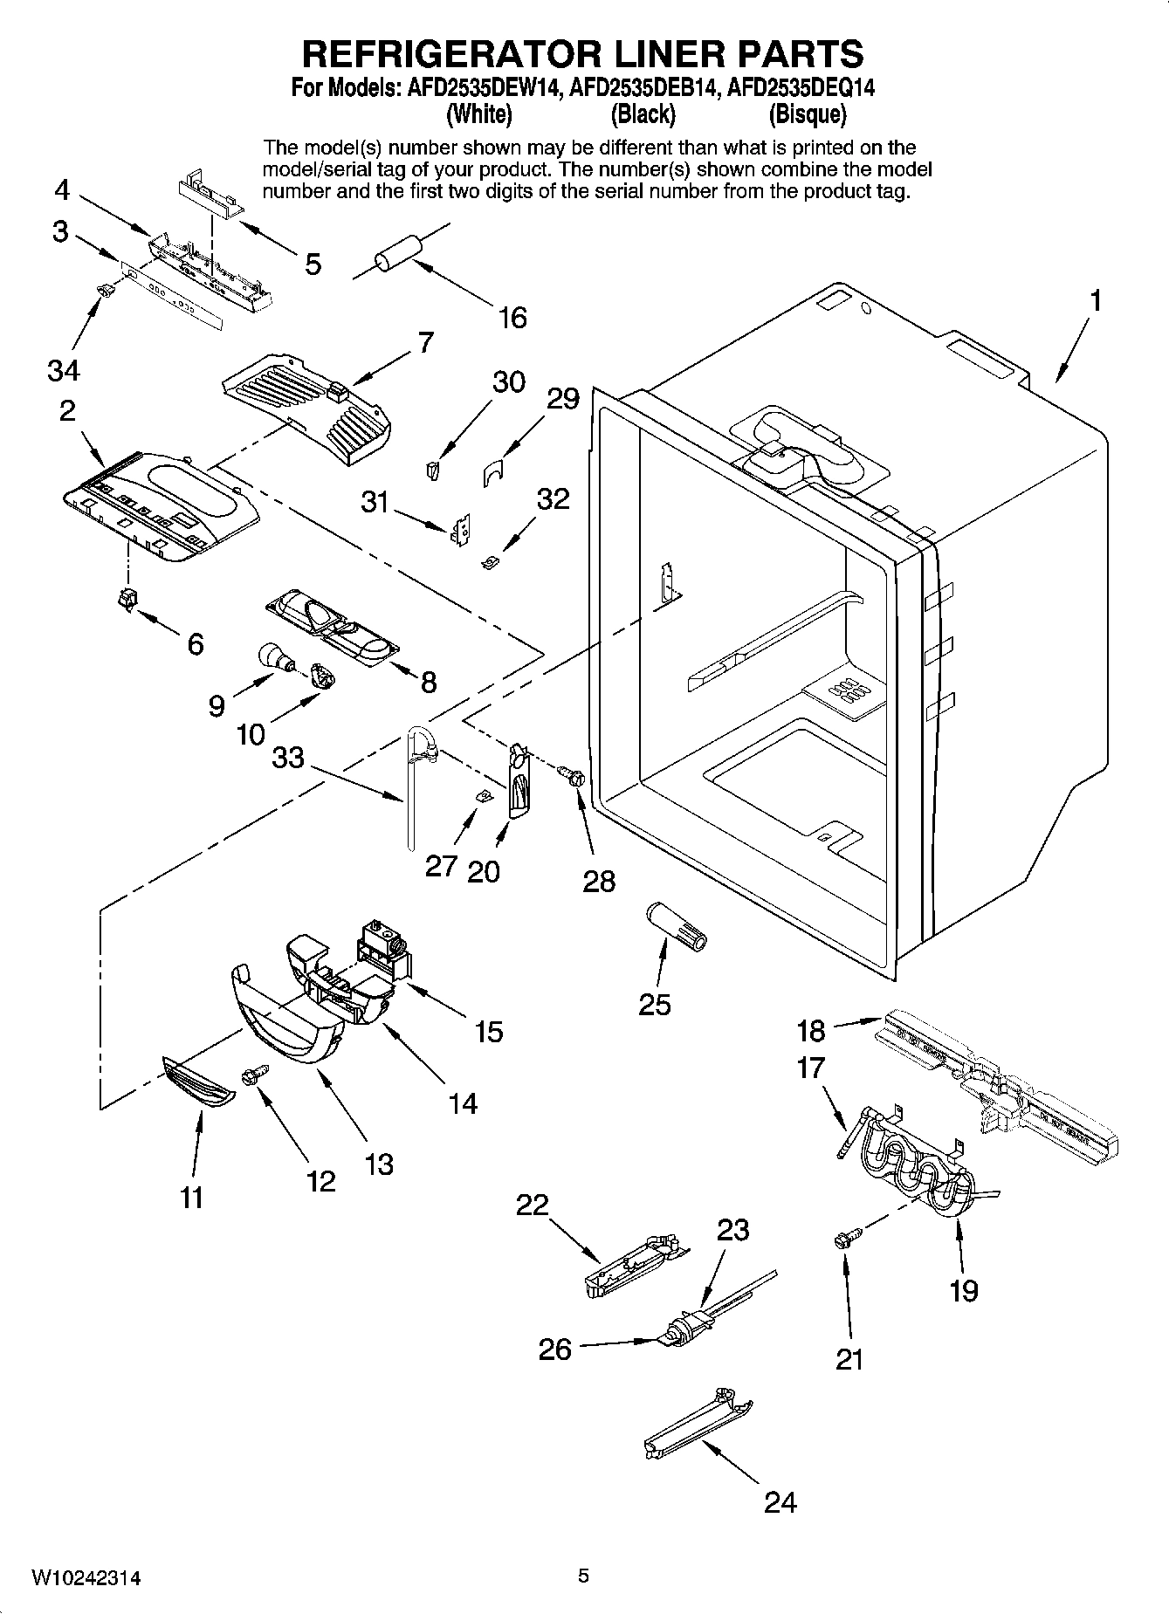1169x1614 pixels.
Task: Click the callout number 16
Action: pyautogui.click(x=512, y=318)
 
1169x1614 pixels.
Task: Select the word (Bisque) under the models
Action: pyautogui.click(x=807, y=114)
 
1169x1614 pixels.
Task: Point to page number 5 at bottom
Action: pyautogui.click(x=584, y=1576)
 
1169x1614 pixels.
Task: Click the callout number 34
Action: pyautogui.click(x=63, y=370)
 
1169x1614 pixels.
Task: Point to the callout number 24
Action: pyautogui.click(x=780, y=1502)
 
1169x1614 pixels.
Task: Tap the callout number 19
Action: pyautogui.click(x=964, y=1290)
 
